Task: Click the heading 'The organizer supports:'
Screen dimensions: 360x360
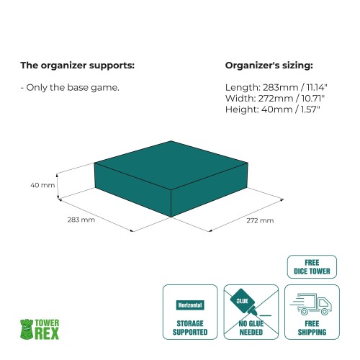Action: tap(77, 66)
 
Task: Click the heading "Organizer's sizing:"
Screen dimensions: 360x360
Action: tap(269, 66)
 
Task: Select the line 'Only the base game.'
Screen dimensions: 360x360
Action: tap(70, 88)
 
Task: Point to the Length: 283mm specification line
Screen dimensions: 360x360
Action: tap(276, 88)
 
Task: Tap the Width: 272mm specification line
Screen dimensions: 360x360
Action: tap(275, 99)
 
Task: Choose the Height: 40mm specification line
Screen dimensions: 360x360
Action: tap(273, 109)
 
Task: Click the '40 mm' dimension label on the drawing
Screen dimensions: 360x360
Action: tap(42, 185)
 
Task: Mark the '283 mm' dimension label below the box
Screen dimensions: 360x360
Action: tap(81, 220)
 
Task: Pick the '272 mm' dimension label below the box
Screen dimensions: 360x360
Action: tap(260, 220)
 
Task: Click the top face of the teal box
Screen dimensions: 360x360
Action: tap(171, 165)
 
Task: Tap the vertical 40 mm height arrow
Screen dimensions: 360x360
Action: tap(58, 186)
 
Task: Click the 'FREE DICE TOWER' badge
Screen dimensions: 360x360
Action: tap(312, 267)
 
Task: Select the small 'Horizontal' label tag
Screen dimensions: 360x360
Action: tap(190, 305)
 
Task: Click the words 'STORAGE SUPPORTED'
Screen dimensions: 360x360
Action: tap(190, 328)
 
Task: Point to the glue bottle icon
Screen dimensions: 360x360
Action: tap(243, 302)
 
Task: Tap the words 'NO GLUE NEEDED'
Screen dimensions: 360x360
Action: tap(251, 328)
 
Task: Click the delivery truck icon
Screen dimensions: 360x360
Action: tap(311, 304)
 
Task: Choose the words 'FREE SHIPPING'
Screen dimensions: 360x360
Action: tap(312, 328)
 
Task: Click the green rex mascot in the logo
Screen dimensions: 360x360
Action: tap(27, 329)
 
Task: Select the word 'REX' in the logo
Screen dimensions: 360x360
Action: tap(47, 333)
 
